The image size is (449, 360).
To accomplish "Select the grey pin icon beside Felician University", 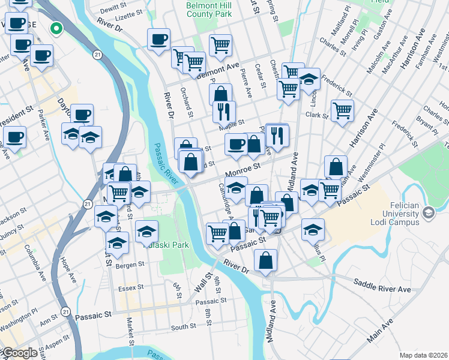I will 428,212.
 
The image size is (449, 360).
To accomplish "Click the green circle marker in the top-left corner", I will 56,27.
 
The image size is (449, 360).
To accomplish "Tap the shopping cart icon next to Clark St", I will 342,110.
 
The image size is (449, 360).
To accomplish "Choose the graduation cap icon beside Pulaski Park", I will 146,231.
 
